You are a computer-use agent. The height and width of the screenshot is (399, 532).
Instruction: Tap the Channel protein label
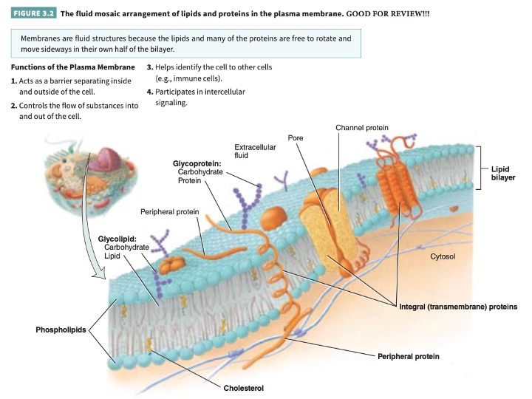[361, 128]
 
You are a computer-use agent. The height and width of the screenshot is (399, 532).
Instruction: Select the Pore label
[296, 137]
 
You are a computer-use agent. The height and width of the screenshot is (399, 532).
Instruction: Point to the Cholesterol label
[243, 388]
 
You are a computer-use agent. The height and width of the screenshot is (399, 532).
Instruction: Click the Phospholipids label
[61, 329]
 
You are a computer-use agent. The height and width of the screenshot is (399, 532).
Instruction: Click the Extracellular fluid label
[255, 151]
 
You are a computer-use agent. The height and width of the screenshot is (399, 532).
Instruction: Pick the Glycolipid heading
[117, 239]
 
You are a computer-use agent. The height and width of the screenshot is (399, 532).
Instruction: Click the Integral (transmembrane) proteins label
[457, 306]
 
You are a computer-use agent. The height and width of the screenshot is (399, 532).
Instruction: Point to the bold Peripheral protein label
[408, 356]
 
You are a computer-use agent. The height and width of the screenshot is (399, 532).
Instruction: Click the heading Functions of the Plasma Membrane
[72, 67]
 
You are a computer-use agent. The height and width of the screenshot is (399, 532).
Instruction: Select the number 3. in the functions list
[149, 67]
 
